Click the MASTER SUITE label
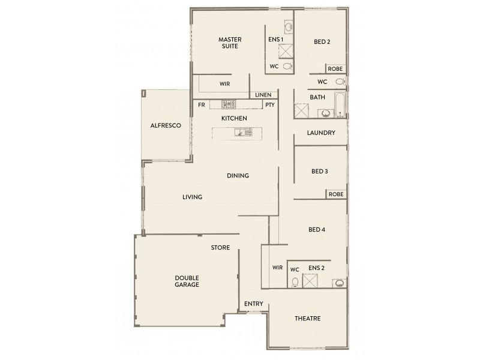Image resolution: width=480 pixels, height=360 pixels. click(x=229, y=42)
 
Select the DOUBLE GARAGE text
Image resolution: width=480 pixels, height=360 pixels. click(x=187, y=281)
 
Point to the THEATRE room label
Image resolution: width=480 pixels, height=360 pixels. click(x=308, y=318)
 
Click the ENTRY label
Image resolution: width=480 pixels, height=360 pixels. click(x=253, y=304)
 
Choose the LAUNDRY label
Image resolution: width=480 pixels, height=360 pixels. click(x=320, y=133)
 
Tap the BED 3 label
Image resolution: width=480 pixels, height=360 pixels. click(x=319, y=171)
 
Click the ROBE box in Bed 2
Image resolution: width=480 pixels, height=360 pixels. click(x=335, y=68)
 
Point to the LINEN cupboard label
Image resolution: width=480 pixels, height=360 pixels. click(x=263, y=95)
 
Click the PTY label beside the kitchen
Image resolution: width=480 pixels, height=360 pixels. click(x=270, y=104)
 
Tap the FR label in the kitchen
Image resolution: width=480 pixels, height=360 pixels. click(x=202, y=104)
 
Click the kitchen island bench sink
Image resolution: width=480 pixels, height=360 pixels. click(x=240, y=133)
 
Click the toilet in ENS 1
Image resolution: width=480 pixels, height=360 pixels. click(x=287, y=66)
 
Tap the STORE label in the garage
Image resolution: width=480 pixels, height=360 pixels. click(x=220, y=247)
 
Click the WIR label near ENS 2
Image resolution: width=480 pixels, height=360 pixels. click(x=277, y=268)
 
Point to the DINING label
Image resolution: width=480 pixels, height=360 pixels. click(x=238, y=175)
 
